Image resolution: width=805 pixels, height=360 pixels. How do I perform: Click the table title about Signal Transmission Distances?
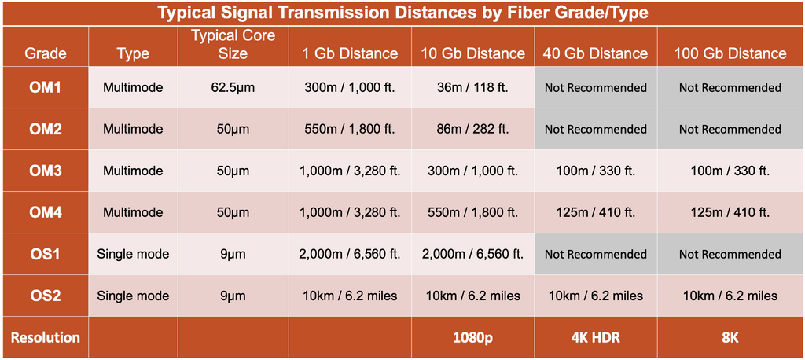(402, 13)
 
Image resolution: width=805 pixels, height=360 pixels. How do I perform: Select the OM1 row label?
(46, 87)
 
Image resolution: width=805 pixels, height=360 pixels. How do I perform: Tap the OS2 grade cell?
(46, 296)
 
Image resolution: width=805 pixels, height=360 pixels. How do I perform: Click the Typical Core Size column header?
(233, 46)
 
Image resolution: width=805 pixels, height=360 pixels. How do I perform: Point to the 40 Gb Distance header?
(595, 53)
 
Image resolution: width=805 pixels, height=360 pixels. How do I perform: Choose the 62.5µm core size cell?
(233, 87)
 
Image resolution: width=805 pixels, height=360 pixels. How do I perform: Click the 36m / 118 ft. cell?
(472, 87)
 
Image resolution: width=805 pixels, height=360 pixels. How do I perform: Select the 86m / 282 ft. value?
(472, 129)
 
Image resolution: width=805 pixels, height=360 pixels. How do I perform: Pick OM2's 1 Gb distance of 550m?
(350, 129)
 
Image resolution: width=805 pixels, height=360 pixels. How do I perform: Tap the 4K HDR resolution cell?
(595, 337)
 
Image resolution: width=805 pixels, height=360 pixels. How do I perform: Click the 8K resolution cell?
(730, 337)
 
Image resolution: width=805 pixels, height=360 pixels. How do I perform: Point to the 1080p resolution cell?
(472, 337)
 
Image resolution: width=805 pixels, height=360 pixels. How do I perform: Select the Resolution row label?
(46, 337)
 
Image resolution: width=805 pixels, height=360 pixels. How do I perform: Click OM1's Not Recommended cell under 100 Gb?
(730, 87)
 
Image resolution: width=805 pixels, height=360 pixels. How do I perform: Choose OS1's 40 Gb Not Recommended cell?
(595, 254)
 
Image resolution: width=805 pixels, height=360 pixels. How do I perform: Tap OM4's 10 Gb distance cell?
(472, 212)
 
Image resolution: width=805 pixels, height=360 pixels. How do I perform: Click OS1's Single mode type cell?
(133, 254)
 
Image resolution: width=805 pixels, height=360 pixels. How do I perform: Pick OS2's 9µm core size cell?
(233, 296)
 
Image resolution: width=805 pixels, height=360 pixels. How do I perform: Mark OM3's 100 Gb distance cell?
(730, 171)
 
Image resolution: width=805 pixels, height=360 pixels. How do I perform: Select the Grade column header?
(46, 53)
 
